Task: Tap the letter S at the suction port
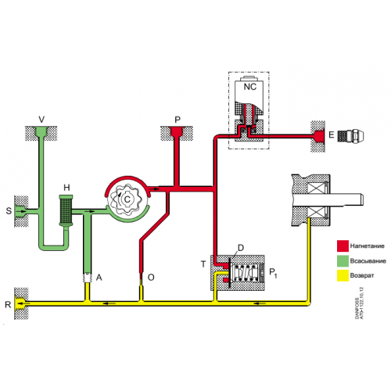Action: tap(9, 210)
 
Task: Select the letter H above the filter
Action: tap(68, 187)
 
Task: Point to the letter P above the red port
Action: tap(178, 120)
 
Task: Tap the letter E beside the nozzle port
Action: tap(332, 135)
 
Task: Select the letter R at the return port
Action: tap(8, 303)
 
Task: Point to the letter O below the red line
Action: tap(150, 277)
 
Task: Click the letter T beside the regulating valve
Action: tap(203, 264)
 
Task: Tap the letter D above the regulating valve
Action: tap(240, 247)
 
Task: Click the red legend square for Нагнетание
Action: tap(343, 246)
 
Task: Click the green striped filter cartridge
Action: tap(66, 210)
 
